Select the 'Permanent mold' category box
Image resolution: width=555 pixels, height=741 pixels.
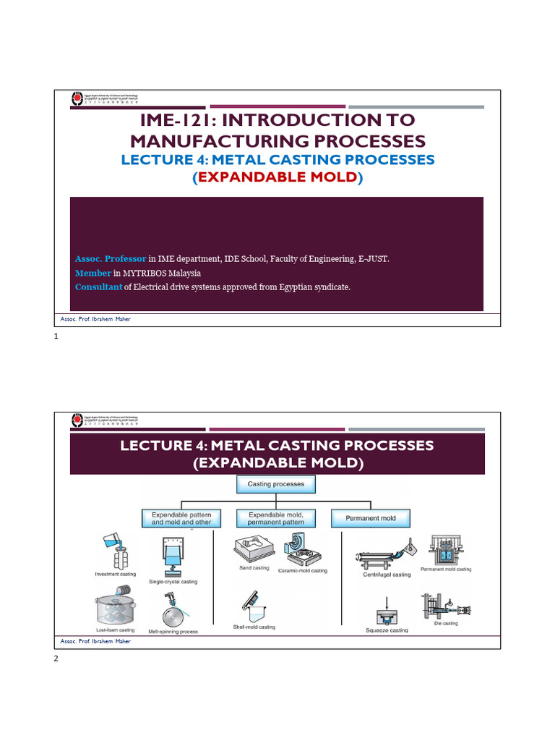point(370,518)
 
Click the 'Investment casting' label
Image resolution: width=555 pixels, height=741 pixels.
point(116,574)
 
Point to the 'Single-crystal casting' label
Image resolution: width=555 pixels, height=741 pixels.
point(173,582)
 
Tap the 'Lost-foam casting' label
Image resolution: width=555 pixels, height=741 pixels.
point(115,630)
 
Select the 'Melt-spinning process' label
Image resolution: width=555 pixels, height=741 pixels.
point(173,631)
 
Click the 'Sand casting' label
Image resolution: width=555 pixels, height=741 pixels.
point(254,568)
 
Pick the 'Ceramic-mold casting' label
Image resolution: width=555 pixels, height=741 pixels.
point(303,571)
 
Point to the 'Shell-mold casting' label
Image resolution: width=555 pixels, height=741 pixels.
point(254,627)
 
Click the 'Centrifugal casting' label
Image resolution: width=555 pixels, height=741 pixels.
point(387,575)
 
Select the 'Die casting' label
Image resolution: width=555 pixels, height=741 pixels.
point(444,623)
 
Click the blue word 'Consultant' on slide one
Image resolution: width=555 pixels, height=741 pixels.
point(98,287)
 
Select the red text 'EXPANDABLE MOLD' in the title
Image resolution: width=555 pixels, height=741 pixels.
point(277,177)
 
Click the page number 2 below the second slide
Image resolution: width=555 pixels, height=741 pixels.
point(54,660)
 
